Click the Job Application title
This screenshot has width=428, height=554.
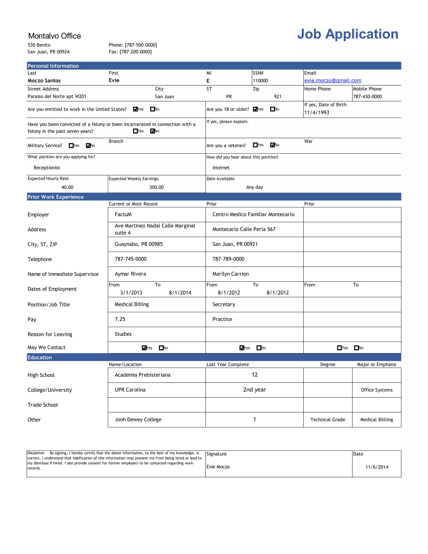[x=347, y=34]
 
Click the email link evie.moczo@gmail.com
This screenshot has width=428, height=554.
[x=332, y=80]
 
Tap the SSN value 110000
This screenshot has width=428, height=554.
[x=260, y=81]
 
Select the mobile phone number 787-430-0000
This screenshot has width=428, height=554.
[x=367, y=96]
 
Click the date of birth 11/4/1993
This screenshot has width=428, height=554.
[x=316, y=112]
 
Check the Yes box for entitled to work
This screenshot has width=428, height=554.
[x=135, y=109]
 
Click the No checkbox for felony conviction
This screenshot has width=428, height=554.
[x=152, y=131]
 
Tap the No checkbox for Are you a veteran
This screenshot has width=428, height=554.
[x=272, y=145]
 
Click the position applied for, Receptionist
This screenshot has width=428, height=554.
[x=47, y=168]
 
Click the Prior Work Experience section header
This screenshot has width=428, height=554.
[x=56, y=197]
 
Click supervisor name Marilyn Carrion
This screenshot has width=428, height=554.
[x=231, y=274]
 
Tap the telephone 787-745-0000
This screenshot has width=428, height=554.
[x=131, y=259]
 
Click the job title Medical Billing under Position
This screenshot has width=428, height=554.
[x=132, y=304]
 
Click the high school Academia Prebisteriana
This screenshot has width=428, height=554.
[x=143, y=375]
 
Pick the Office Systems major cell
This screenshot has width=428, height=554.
[x=377, y=390]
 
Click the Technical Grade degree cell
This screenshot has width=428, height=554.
[x=328, y=420]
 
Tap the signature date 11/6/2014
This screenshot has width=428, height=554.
[x=377, y=467]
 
